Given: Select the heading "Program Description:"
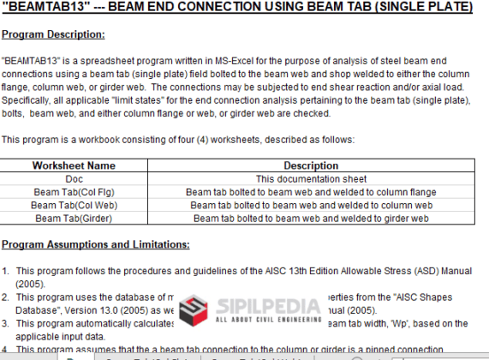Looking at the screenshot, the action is click(53, 34).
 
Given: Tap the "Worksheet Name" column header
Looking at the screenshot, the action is click(74, 165).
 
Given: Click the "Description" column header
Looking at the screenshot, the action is click(310, 165).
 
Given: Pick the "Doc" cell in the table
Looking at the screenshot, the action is click(74, 179).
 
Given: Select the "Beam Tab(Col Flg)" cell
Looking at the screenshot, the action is click(74, 192).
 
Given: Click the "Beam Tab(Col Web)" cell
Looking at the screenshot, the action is click(74, 205).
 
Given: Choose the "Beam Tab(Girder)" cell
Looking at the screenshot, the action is click(74, 218).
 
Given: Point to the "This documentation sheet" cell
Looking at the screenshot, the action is click(310, 179).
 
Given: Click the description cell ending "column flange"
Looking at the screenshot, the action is click(310, 192).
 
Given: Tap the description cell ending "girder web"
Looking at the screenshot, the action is click(310, 218).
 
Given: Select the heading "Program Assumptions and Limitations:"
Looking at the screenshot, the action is click(96, 244).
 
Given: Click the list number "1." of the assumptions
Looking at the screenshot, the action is click(7, 271).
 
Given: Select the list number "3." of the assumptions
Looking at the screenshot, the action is click(7, 323).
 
